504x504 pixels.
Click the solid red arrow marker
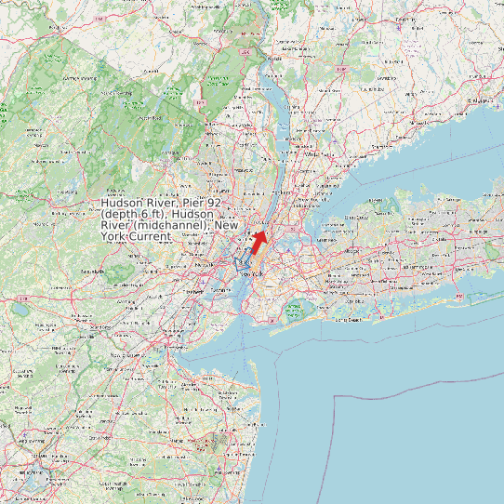pos(259,241)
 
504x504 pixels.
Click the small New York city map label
pos(253,275)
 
